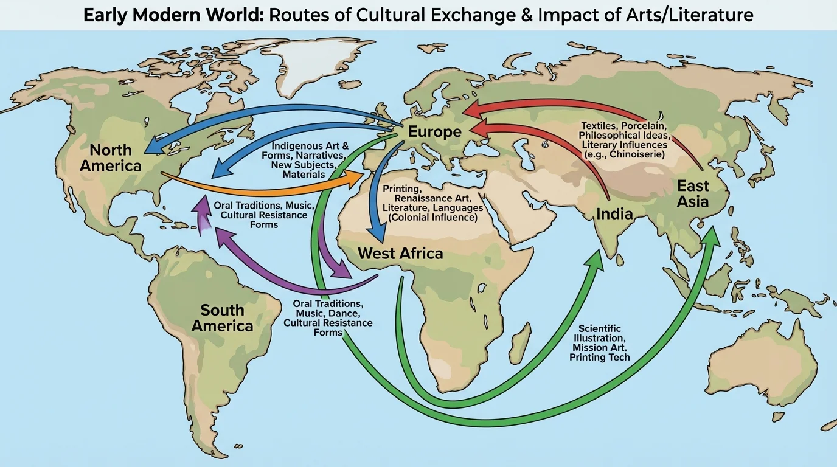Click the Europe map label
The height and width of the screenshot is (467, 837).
click(434, 131)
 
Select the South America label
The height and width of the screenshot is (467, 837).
click(222, 318)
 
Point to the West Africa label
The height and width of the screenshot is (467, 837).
click(400, 253)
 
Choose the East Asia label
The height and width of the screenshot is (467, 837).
click(693, 193)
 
